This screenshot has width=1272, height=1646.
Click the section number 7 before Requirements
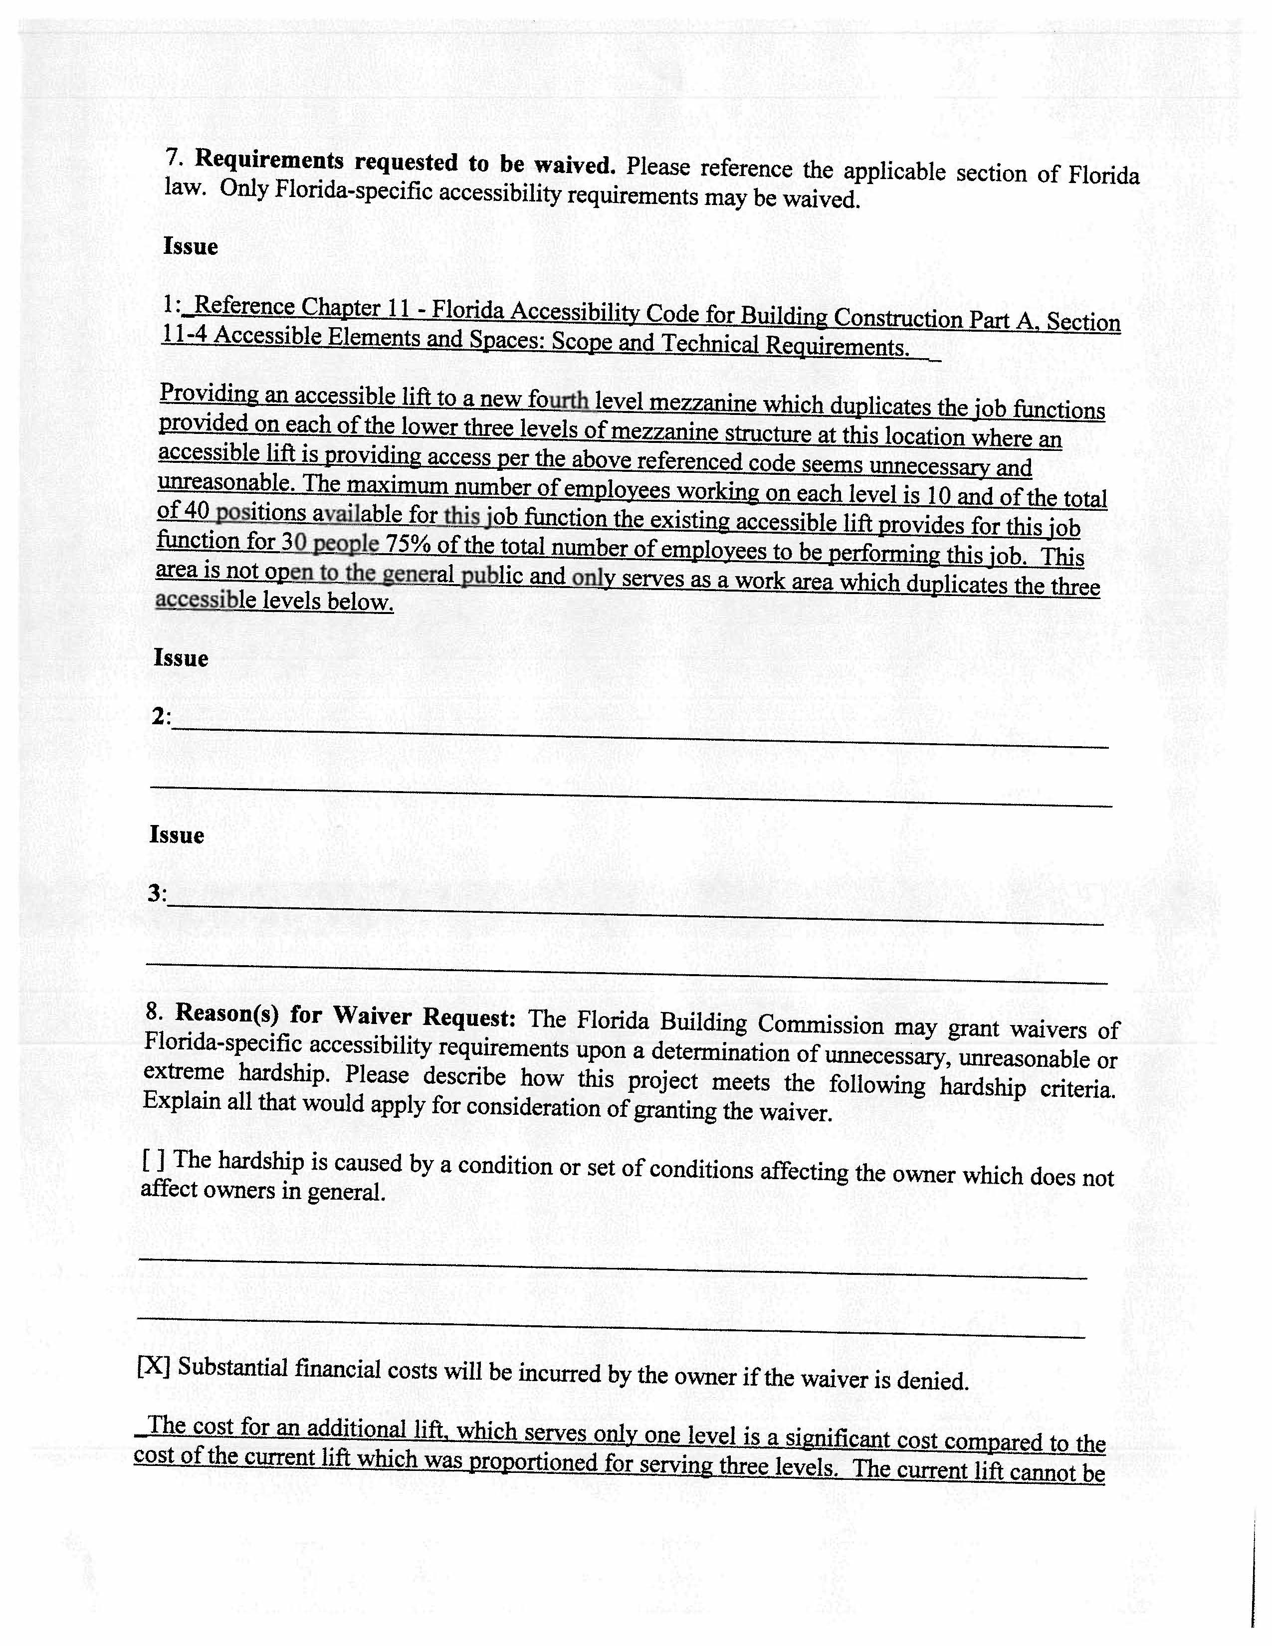(x=174, y=158)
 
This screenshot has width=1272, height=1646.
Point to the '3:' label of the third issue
(x=157, y=894)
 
